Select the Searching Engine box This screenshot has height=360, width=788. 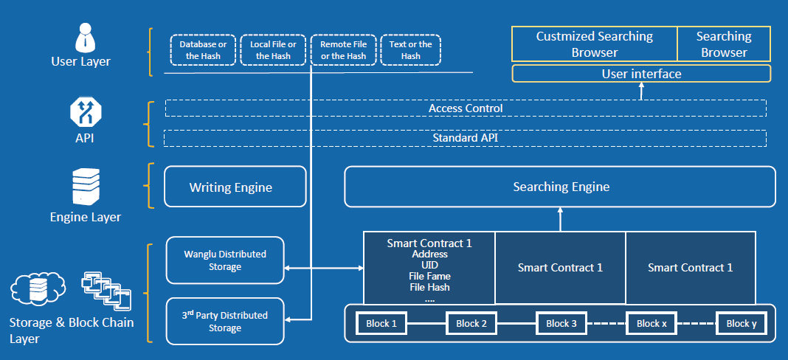point(560,187)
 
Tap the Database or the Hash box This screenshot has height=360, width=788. point(202,50)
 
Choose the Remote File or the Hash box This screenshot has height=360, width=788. point(343,50)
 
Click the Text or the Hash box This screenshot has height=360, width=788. point(411,50)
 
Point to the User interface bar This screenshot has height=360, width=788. point(641,74)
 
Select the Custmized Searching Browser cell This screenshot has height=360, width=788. point(594,44)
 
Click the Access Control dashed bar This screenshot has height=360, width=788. point(466,108)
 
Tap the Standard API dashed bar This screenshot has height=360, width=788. point(466,138)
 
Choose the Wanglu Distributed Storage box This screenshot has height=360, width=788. point(225,260)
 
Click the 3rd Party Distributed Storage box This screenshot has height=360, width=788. point(225,322)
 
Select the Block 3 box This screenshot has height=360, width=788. point(561,323)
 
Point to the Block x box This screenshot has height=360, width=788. point(651,323)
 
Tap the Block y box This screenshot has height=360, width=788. point(741,323)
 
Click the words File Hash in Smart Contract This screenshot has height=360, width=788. point(429,287)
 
